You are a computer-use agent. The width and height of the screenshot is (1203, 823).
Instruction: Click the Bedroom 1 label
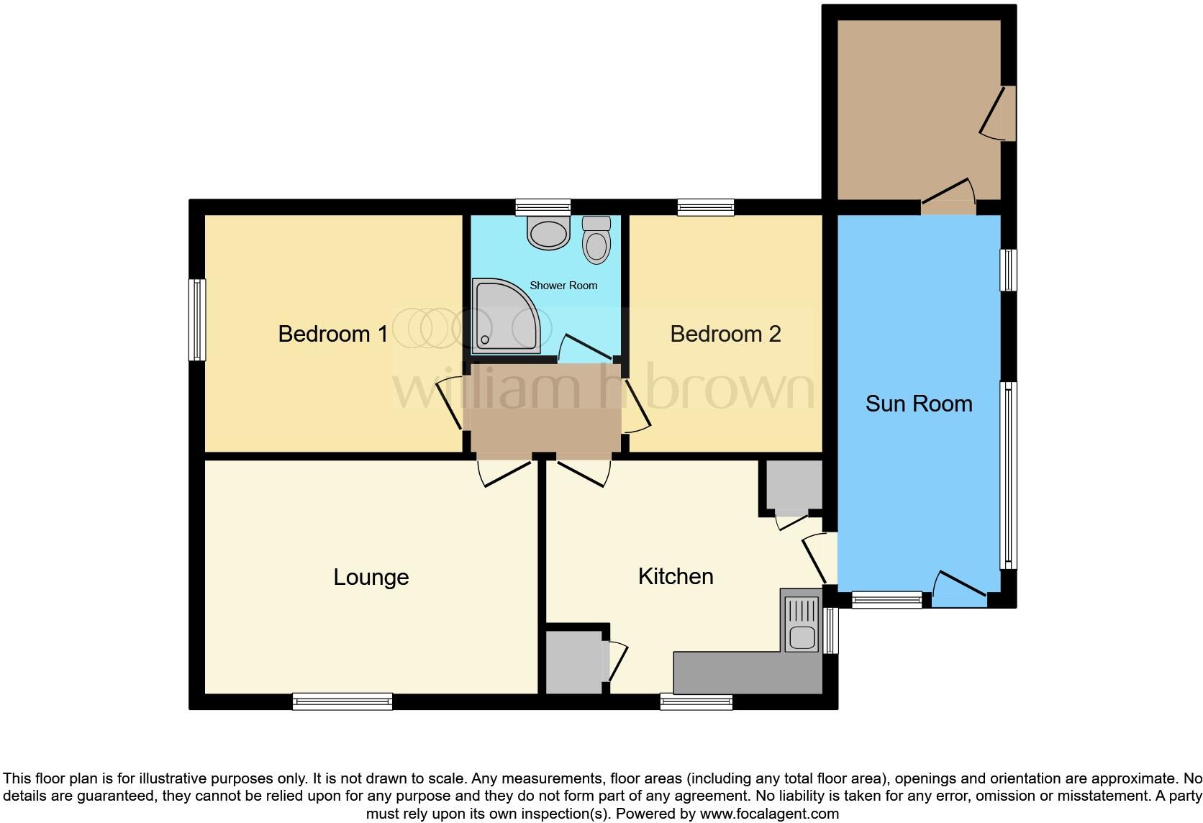[332, 334]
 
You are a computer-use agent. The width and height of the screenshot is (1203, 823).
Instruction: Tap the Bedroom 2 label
[725, 334]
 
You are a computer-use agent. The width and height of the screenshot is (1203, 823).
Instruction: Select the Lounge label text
[371, 577]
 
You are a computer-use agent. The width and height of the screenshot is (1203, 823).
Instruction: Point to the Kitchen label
[675, 576]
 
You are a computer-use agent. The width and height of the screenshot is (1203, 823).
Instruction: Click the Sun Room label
[918, 404]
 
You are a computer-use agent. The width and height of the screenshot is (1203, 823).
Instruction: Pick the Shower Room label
[563, 286]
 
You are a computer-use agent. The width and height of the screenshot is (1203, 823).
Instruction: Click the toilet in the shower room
[596, 240]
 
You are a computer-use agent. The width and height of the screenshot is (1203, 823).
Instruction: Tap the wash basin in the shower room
[548, 232]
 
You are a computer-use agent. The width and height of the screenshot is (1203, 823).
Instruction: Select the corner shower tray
[504, 317]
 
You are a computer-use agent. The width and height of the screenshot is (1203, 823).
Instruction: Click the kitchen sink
[801, 636]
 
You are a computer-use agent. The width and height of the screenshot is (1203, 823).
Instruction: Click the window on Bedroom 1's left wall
[196, 319]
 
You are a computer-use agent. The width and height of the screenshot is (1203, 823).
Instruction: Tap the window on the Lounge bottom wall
[342, 701]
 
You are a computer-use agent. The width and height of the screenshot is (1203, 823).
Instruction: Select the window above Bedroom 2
[706, 208]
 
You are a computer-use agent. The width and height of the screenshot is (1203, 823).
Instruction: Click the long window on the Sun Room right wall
[1009, 475]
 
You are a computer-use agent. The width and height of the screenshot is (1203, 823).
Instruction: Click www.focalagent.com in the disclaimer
[769, 814]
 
